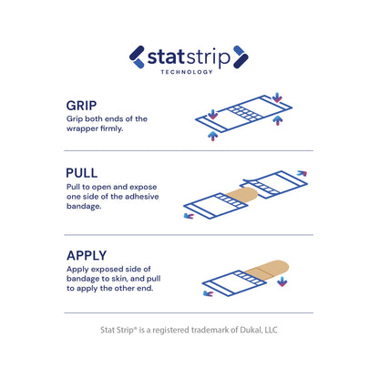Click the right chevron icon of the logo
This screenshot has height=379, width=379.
[241, 56]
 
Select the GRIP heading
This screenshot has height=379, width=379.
[85, 106]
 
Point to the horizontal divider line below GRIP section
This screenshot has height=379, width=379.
[189, 150]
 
